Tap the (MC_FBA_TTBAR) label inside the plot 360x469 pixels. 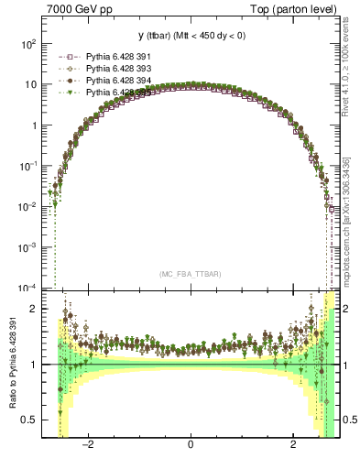190,274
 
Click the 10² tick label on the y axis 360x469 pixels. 28,44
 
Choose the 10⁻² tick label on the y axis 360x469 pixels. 27,207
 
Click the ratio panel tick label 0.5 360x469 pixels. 28,420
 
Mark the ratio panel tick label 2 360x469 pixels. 33,309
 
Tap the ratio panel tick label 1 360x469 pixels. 33,365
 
